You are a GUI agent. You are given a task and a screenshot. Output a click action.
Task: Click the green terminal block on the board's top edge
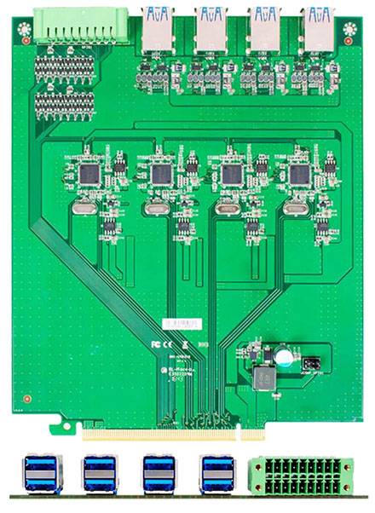coord(81,25)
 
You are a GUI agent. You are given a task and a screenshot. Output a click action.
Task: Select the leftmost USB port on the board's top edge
coord(159,28)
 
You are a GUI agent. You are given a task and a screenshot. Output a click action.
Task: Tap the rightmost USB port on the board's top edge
coord(318,28)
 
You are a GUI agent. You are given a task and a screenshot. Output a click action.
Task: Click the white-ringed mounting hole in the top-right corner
coord(349,30)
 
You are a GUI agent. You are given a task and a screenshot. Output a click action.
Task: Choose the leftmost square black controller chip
coord(89,174)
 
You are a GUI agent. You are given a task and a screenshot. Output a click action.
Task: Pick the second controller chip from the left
coord(160,174)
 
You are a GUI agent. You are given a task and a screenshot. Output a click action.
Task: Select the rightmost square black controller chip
coord(299,174)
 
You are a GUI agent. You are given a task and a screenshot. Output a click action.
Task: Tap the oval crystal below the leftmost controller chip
coord(84,207)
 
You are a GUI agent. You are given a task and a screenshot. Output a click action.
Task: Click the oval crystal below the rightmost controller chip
coord(293,207)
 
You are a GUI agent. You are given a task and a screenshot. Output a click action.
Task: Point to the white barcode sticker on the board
coord(182,325)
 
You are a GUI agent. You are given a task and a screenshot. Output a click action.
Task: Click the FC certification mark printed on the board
coord(156,343)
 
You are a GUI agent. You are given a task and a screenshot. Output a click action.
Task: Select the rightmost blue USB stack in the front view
coord(216,474)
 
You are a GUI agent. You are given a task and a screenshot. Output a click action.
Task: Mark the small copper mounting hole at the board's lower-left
coord(28,397)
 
